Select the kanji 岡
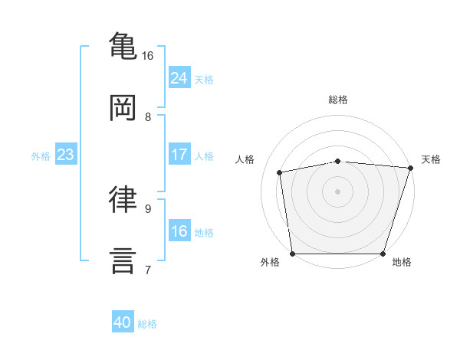coord(123,107)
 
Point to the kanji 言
coord(123,260)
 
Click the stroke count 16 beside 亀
coord(148,56)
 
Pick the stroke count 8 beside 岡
coord(148,117)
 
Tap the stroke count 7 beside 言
coord(148,270)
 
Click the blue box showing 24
coord(179,78)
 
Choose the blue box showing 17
coord(179,155)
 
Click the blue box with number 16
coord(179,231)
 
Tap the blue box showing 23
coord(65,155)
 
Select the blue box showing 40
coord(123,323)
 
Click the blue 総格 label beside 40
coord(147,324)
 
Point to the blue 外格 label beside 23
coord(41,155)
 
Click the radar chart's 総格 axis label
coord(337,100)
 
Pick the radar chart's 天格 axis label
coord(431,159)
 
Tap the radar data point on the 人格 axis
coord(281,172)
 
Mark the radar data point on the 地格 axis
coord(383,254)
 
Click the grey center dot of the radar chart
coord(337,191)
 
